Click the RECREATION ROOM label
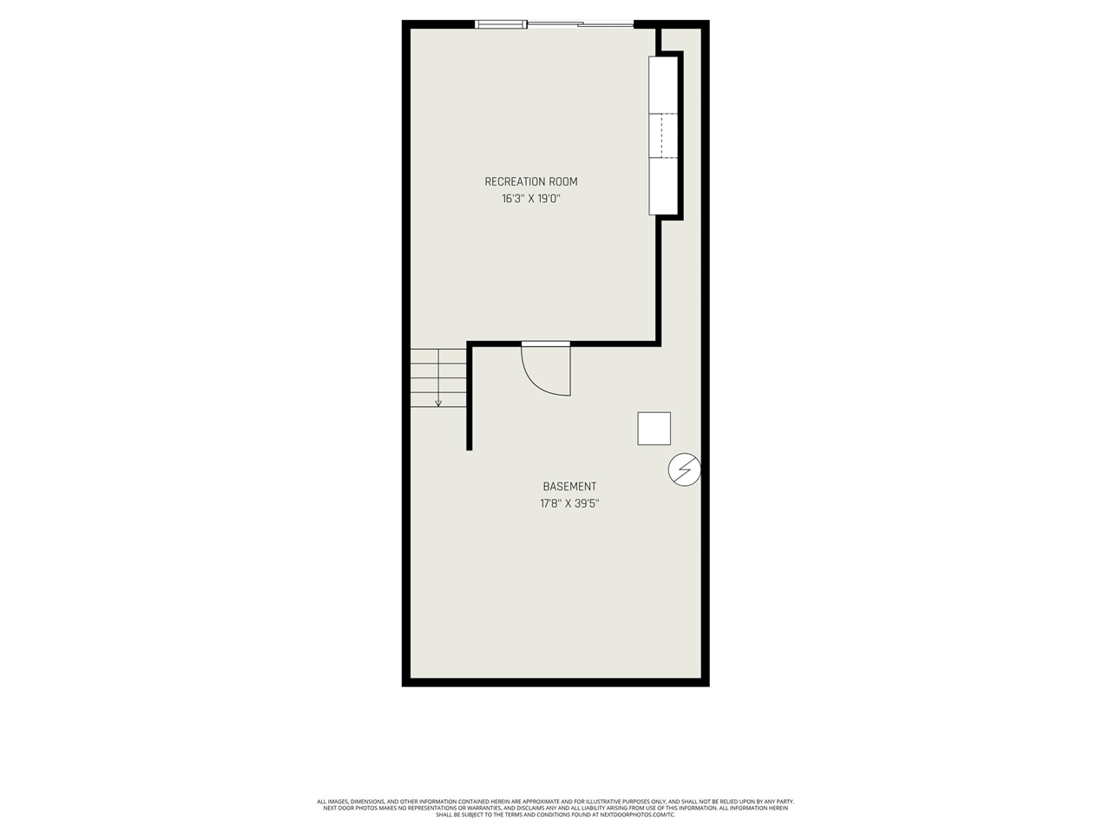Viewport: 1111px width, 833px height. [530, 181]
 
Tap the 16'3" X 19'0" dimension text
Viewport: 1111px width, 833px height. [530, 199]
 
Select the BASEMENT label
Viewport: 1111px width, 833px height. [569, 487]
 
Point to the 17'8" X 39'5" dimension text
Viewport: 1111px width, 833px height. [569, 503]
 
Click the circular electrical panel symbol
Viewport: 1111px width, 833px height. [684, 469]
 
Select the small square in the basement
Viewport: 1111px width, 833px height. [654, 429]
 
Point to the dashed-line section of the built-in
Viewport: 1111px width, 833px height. [662, 135]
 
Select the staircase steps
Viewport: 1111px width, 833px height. [438, 377]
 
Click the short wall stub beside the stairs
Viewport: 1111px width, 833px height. [470, 399]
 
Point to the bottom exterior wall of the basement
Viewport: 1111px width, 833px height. [555, 682]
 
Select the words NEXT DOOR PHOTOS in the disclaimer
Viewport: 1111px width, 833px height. [345, 808]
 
